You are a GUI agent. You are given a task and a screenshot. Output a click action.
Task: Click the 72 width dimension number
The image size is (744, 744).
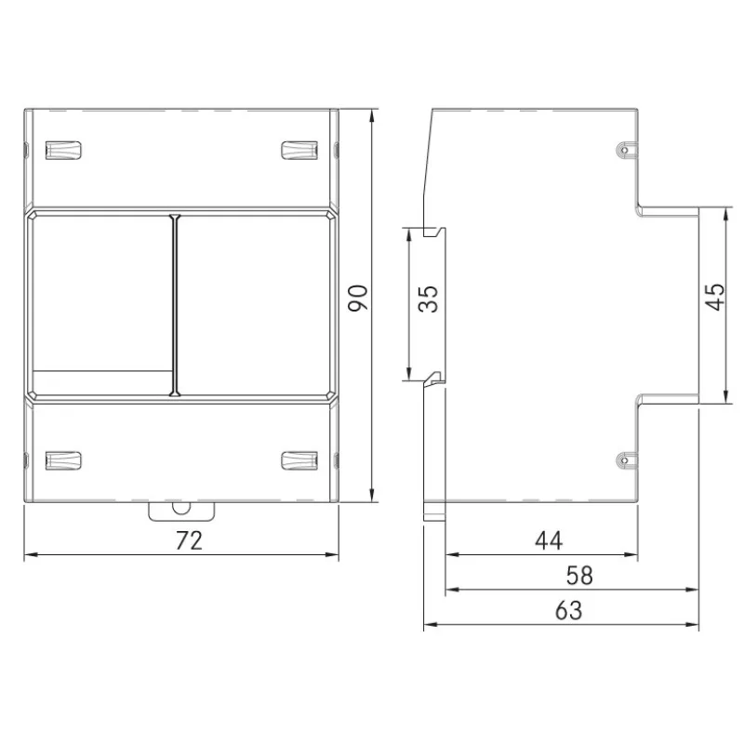coord(189,540)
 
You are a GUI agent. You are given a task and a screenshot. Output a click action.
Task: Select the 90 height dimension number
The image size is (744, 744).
coord(358,298)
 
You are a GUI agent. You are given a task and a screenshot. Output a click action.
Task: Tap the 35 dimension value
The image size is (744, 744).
coord(429,299)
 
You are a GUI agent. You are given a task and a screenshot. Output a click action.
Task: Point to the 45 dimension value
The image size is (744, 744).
coord(715,297)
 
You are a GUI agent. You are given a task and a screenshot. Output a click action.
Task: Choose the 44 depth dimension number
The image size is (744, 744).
coord(549,540)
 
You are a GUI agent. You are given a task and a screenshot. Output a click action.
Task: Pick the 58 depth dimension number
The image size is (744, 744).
coord(579,576)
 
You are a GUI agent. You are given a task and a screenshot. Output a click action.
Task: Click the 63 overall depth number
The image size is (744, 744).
coord(568,611)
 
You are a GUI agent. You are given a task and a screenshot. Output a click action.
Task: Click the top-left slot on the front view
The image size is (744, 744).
coord(63,151)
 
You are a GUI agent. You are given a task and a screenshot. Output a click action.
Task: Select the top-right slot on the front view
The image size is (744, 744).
coord(299,151)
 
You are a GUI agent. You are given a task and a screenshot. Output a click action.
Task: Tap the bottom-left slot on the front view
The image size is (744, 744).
coord(63,460)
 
